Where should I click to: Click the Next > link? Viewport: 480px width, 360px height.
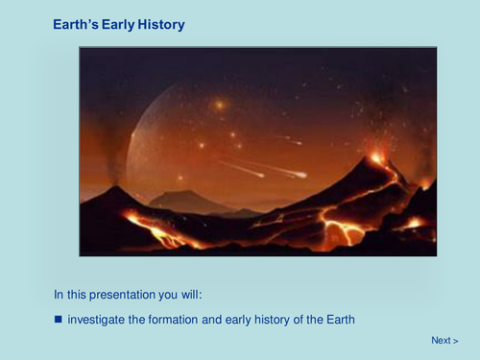(444, 341)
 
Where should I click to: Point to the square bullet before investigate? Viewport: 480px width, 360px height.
(58, 319)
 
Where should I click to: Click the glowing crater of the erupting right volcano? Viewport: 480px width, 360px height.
(377, 157)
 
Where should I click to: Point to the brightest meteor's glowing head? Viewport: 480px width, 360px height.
(301, 175)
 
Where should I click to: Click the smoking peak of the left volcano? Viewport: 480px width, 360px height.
(116, 187)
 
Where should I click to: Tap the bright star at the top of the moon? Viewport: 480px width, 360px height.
(220, 104)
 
